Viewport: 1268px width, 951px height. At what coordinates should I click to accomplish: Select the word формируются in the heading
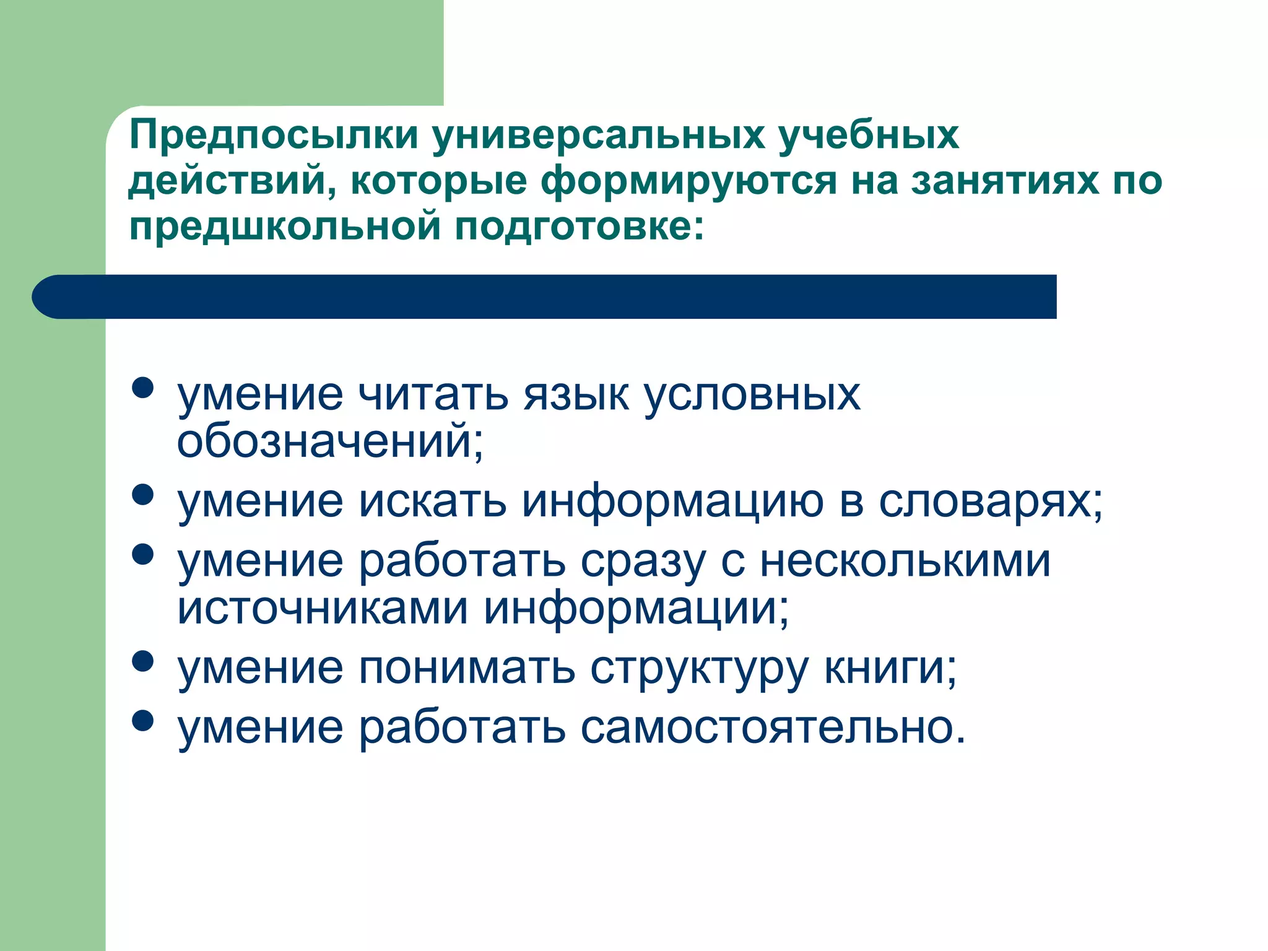(688, 181)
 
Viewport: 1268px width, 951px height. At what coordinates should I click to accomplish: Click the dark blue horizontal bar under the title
(545, 297)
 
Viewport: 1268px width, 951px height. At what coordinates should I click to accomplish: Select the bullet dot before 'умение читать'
(143, 389)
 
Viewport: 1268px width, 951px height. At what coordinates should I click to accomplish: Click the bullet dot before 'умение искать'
(143, 495)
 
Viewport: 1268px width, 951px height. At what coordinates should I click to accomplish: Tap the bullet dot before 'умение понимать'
(143, 661)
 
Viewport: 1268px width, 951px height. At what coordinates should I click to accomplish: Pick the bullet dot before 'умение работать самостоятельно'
(143, 721)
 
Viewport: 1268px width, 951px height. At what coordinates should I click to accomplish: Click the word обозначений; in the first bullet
(330, 442)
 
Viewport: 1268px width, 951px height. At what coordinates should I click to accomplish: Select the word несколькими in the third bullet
(905, 561)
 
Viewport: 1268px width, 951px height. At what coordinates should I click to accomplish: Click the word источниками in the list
(323, 608)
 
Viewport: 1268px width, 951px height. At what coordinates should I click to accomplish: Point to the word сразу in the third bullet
(643, 562)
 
